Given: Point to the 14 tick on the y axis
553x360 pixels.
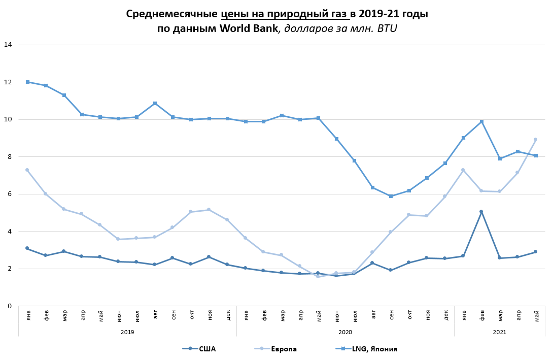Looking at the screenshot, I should [8, 45].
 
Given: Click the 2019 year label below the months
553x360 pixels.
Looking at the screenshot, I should [127, 332].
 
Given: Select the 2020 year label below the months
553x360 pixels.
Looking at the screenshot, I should [345, 332].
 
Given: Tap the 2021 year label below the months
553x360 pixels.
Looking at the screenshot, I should [499, 332].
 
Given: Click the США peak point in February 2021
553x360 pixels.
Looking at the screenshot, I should [481, 212].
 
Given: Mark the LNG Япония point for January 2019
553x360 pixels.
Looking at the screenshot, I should [27, 82].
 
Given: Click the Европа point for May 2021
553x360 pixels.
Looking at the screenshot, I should [535, 139].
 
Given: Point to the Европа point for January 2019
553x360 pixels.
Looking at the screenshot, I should [27, 170].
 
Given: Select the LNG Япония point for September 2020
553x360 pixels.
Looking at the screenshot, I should [391, 196].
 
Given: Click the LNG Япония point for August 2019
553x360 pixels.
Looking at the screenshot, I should [155, 103].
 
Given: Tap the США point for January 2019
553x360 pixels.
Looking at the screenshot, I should [27, 248].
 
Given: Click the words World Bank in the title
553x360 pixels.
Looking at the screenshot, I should [249, 28].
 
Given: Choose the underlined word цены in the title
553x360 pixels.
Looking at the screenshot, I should [236, 14].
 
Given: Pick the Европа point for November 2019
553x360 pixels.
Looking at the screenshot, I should [209, 210].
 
